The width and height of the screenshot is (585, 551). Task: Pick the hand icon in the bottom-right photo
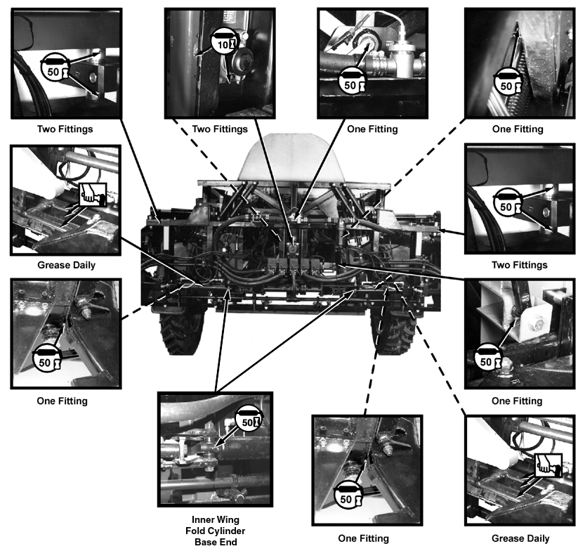[x=545, y=463]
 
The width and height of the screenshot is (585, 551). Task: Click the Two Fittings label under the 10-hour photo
[x=220, y=129]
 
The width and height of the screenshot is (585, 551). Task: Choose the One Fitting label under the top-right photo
[x=518, y=129]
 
